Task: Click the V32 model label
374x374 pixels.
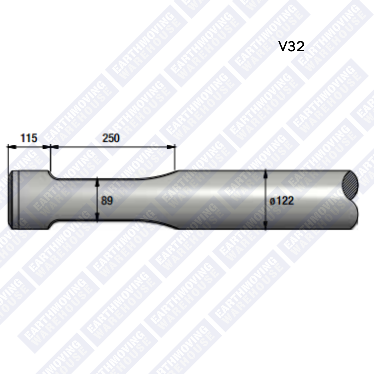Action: coord(291,46)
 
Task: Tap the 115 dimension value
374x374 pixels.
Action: coord(29,138)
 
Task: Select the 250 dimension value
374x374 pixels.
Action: coord(111,138)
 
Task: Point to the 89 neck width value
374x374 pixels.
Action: coord(107,201)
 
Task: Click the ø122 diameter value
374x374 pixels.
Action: coord(282,201)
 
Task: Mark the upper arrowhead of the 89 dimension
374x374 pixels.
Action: coord(98,181)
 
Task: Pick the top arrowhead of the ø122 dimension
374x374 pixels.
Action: coord(265,172)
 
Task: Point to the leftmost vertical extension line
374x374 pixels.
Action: coord(8,159)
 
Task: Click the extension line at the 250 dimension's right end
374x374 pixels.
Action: coord(176,158)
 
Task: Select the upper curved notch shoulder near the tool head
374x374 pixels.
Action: coord(51,175)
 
